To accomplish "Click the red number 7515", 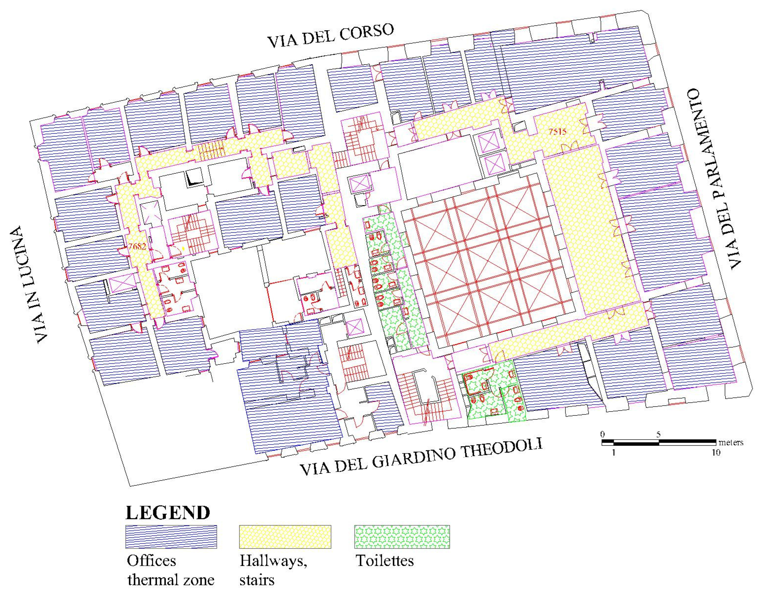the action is pos(557,132).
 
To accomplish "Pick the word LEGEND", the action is pos(168,513).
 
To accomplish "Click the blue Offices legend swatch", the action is pos(171,537).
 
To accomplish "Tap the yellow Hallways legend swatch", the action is pos(285,537).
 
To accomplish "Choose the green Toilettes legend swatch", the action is pos(402,537).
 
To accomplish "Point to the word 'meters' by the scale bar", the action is pos(731,443).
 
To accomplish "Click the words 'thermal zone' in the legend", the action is pos(171,580).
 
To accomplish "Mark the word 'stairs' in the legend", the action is pos(257,580).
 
